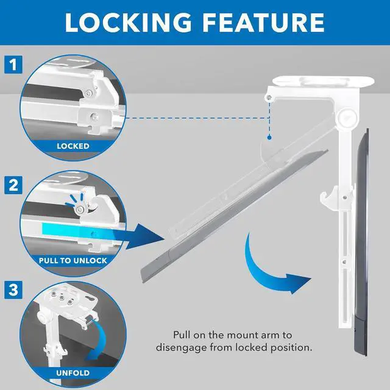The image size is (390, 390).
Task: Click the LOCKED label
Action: [x=73, y=146]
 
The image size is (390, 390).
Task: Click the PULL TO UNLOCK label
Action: [x=73, y=260]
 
